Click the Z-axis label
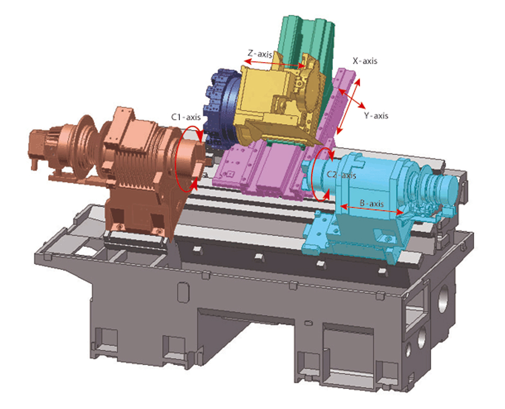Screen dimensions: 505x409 tap(260, 53)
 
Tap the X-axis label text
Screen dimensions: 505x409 tap(365, 61)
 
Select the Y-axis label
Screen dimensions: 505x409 tap(376, 116)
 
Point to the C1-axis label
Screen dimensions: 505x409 tap(186, 117)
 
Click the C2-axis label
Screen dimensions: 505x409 tap(341, 175)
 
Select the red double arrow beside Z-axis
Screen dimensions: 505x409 tap(274, 63)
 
